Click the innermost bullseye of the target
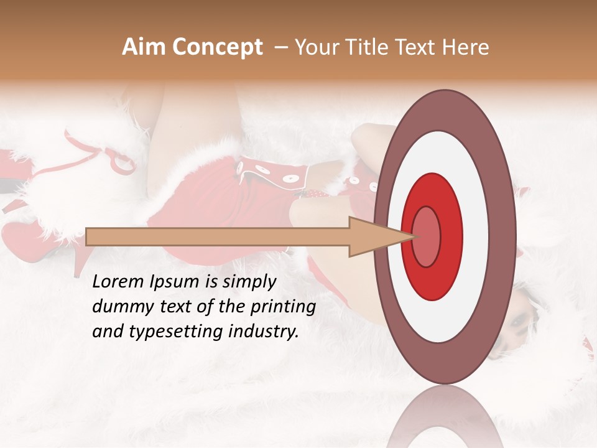coord(426,236)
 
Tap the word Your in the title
coord(315,47)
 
